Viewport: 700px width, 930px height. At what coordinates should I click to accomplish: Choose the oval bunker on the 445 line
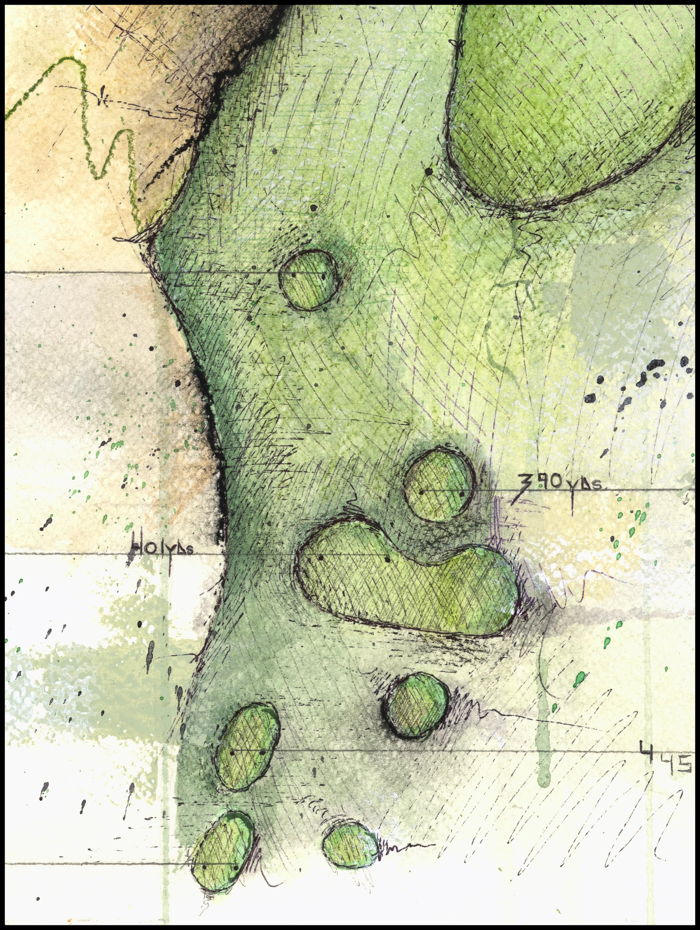247,748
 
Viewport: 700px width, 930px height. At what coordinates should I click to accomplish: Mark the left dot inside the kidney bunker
321,558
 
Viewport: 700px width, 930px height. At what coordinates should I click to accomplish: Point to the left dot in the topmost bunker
293,276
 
